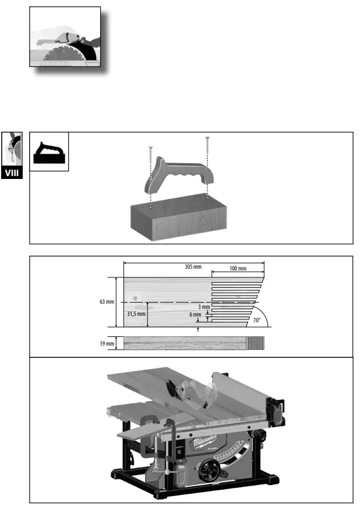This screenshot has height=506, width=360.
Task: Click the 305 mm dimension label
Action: (x=193, y=266)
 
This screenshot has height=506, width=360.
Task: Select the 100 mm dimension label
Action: (x=238, y=269)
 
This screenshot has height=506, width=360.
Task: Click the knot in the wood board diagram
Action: (x=136, y=299)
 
